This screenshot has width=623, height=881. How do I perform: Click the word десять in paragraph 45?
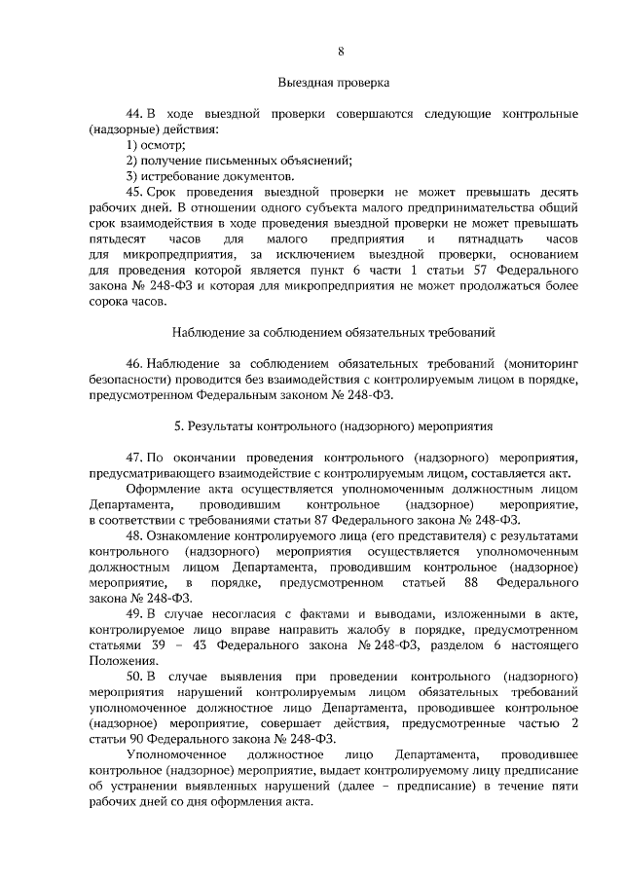tap(560, 192)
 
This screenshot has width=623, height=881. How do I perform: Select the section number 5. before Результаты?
tap(178, 426)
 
